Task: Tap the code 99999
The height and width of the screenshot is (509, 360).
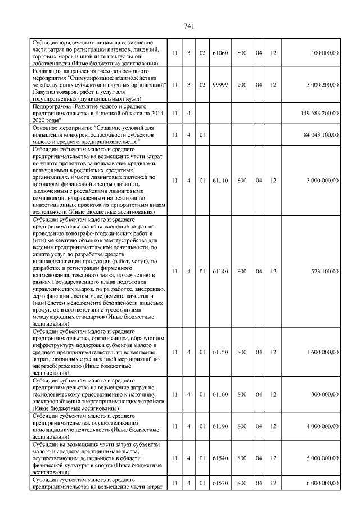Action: [x=218, y=84]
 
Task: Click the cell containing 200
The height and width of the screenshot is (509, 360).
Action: [x=242, y=84]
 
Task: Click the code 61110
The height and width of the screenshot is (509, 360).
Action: [x=218, y=181]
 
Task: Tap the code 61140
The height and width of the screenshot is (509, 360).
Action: [x=218, y=271]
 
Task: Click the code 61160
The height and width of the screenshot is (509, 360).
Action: [x=218, y=394]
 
